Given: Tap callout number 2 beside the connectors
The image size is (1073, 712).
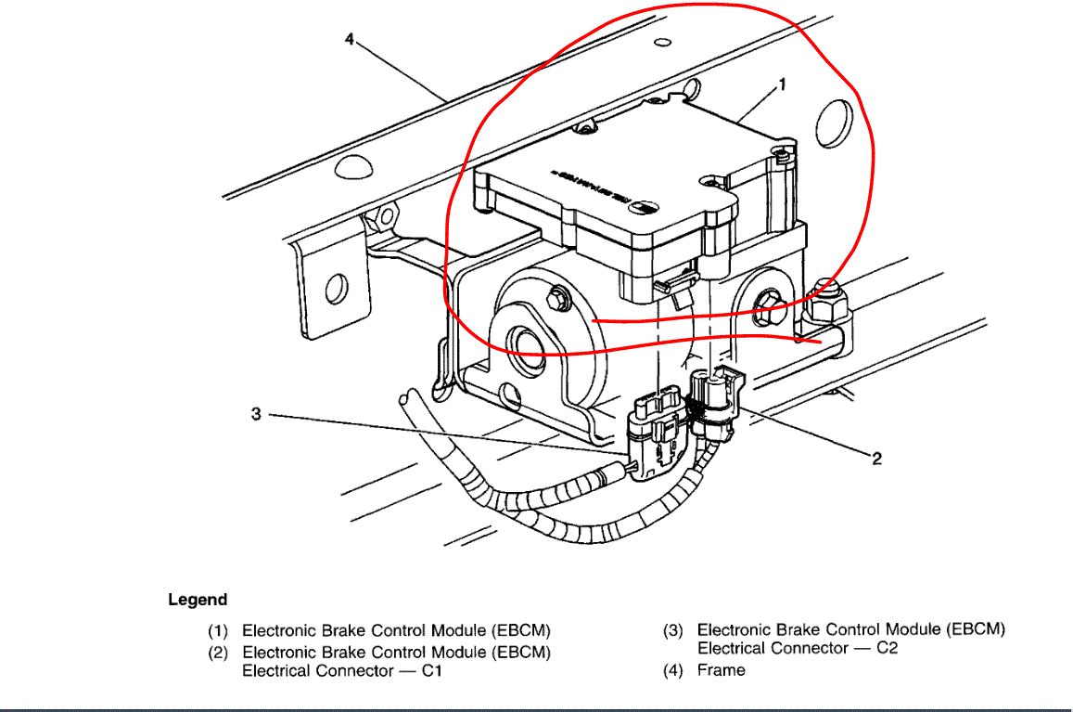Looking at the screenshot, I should click(876, 458).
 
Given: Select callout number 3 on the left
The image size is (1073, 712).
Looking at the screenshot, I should click(256, 414).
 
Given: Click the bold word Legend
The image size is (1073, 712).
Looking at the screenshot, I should click(198, 600).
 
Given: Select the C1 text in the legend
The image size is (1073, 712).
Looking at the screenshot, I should click(429, 670).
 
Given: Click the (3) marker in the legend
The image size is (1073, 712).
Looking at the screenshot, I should click(673, 629).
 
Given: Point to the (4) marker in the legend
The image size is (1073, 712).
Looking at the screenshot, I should click(673, 669).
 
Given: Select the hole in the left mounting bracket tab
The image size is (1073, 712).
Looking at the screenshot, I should click(336, 289).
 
